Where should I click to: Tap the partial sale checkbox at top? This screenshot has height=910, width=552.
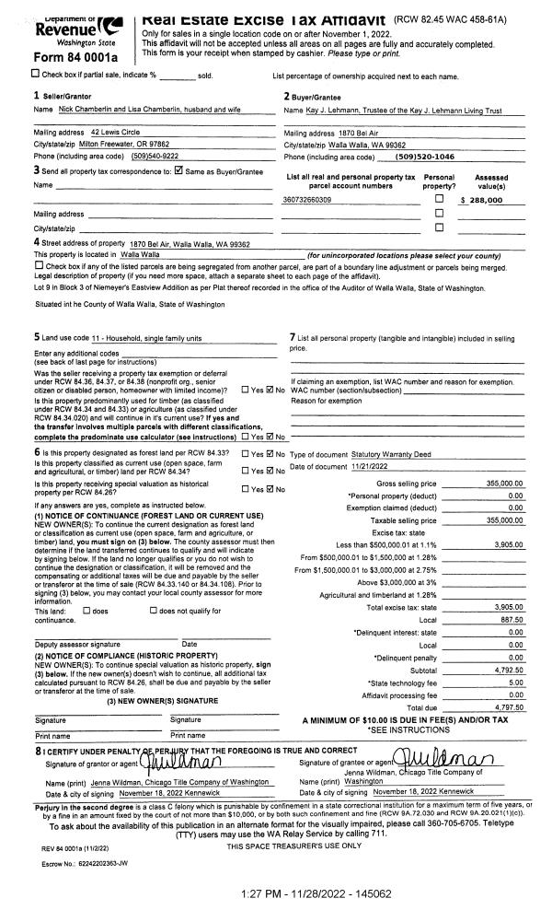tap(8, 74)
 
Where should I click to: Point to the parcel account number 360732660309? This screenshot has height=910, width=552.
tap(307, 200)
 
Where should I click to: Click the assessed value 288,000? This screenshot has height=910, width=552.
tap(488, 200)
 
